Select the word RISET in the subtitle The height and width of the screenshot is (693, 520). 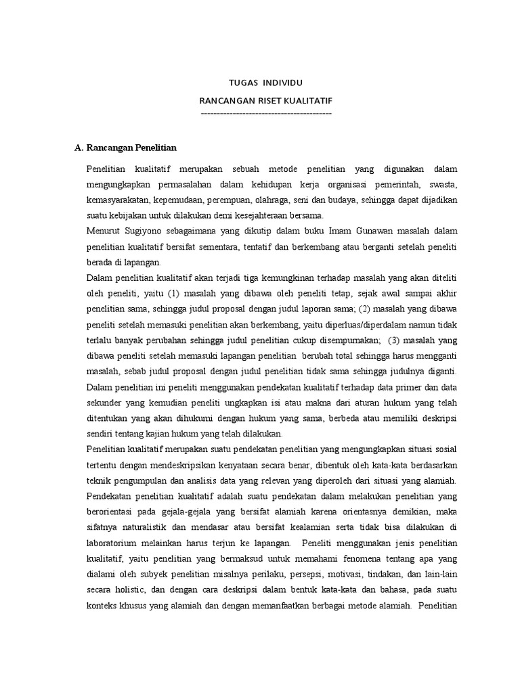(x=262, y=101)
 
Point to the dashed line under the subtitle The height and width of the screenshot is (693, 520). (x=266, y=112)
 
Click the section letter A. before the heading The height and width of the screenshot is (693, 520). (x=78, y=148)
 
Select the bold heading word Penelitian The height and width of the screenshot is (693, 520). (x=154, y=148)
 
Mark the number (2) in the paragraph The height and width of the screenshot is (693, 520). (x=362, y=309)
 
